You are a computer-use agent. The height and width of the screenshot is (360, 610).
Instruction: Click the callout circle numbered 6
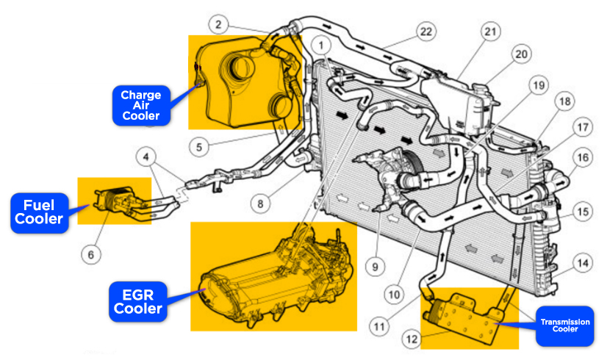click(x=91, y=254)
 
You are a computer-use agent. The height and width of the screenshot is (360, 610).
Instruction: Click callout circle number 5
click(x=198, y=146)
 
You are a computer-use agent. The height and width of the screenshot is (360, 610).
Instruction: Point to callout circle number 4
click(x=148, y=156)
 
